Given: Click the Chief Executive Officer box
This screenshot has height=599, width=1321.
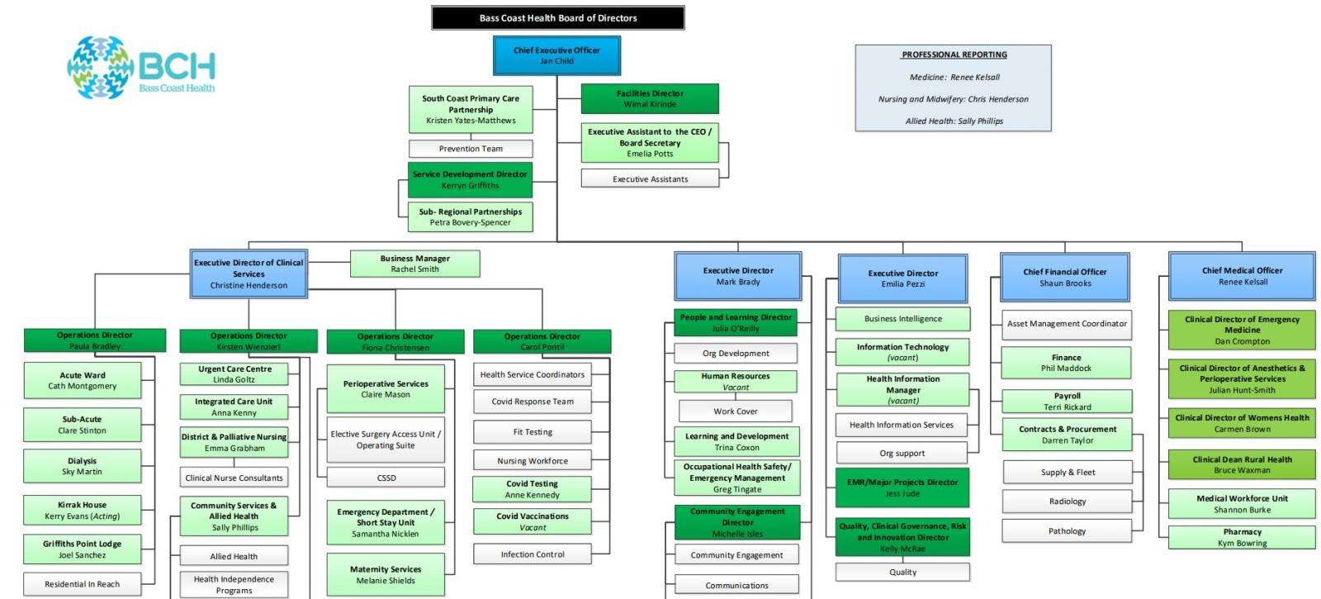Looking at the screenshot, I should [556, 55].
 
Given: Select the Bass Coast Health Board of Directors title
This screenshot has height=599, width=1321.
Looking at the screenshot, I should [558, 17].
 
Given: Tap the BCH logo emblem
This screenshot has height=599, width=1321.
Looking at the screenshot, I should [100, 67].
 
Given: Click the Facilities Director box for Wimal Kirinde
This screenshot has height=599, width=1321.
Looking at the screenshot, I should [650, 98].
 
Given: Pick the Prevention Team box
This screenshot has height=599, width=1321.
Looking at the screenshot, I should [471, 149].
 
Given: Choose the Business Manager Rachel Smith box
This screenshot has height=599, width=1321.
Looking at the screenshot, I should [414, 264].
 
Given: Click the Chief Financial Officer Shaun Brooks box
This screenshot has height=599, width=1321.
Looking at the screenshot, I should [1065, 277].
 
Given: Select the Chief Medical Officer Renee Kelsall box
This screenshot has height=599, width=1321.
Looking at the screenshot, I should [1242, 276].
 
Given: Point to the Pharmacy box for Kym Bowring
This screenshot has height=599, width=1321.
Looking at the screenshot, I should [1242, 537].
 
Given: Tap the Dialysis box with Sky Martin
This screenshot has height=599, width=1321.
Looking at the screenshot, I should [83, 466].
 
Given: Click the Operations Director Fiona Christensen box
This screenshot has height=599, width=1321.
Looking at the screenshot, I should [395, 341].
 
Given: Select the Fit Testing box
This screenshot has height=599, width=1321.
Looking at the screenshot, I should [533, 432].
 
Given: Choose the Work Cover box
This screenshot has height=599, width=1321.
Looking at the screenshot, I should [735, 411].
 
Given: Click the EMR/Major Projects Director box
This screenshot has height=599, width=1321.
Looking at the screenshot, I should [902, 487].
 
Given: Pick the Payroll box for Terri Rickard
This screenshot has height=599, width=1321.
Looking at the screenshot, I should [1067, 402].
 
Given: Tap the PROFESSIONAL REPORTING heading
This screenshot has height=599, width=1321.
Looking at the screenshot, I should [954, 55].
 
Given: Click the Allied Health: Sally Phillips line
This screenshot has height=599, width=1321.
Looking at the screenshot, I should [954, 121].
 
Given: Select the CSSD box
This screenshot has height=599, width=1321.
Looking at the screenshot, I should [386, 478].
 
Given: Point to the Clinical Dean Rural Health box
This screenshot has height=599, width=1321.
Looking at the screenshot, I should [1242, 464].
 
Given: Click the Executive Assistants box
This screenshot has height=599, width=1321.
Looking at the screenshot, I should [650, 178].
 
